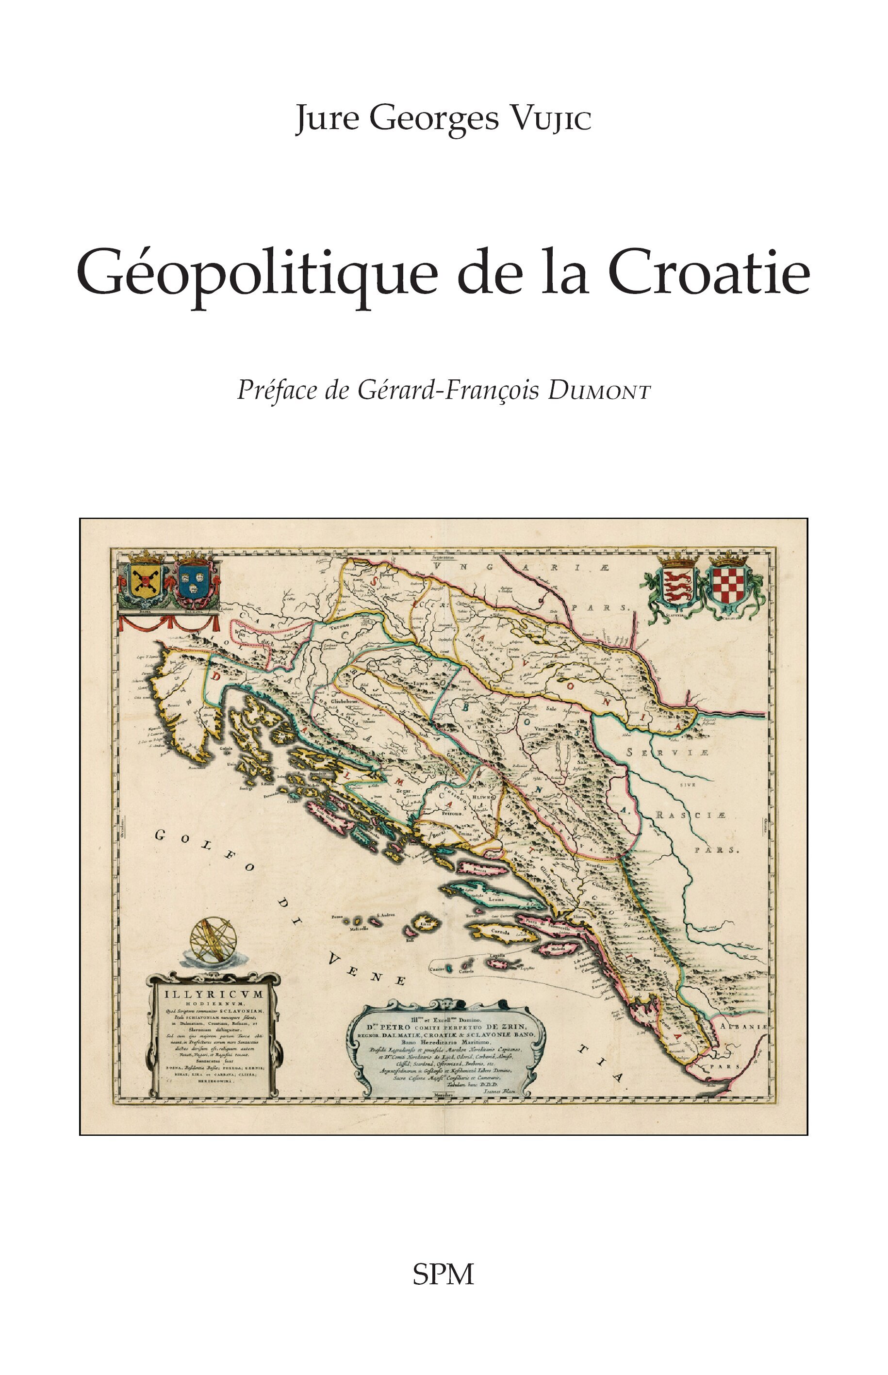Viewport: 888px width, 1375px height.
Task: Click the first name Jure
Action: click(x=327, y=119)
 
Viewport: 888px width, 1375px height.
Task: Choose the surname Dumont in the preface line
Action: click(x=600, y=392)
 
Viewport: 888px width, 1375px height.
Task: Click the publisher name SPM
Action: click(x=443, y=1274)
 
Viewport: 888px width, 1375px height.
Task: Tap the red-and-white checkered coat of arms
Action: click(x=728, y=588)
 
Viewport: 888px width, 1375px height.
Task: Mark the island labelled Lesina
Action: click(x=493, y=898)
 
